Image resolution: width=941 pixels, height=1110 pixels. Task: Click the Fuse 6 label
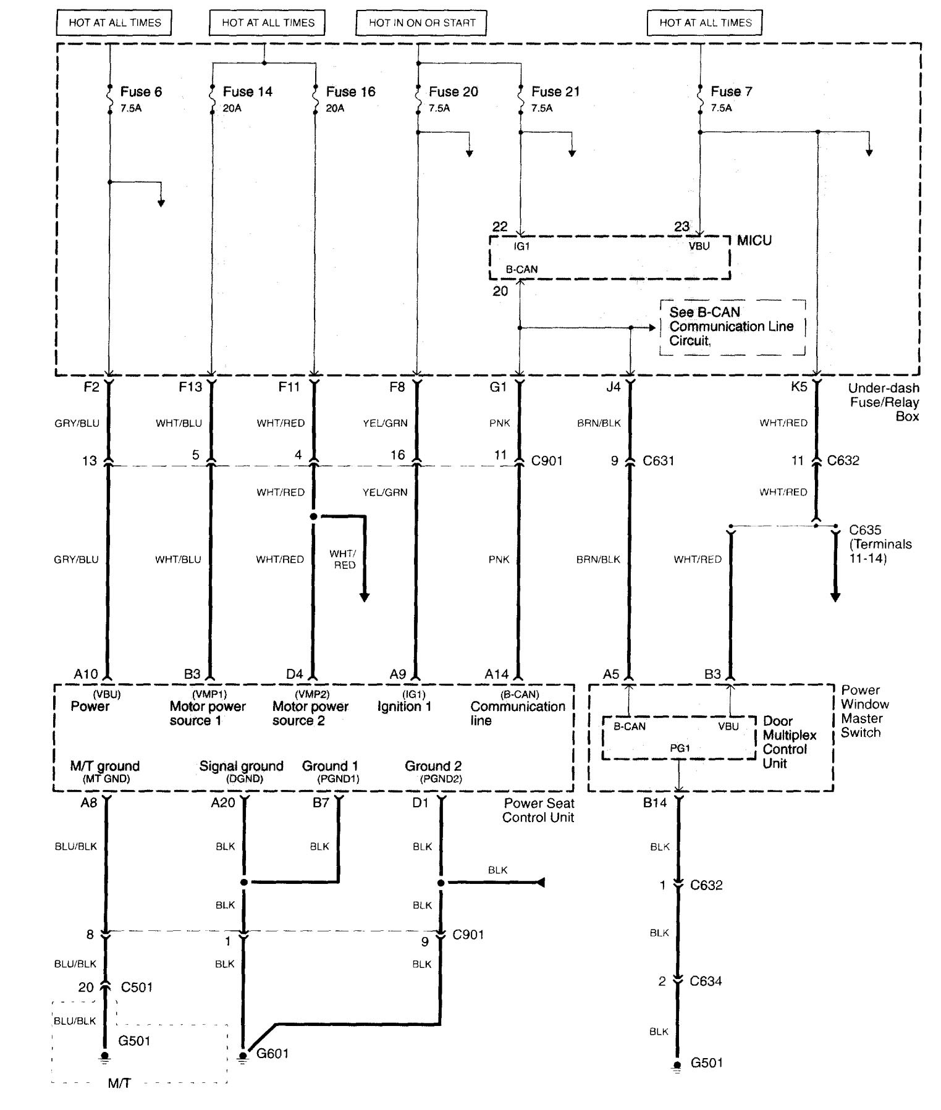tap(141, 92)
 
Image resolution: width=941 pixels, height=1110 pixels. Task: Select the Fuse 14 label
tap(247, 92)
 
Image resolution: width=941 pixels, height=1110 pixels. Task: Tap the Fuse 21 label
tap(555, 92)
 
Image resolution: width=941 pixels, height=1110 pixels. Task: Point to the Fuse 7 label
tap(731, 91)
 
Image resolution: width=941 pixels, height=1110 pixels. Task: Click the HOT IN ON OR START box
tap(422, 23)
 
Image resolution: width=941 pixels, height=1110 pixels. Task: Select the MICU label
tap(754, 240)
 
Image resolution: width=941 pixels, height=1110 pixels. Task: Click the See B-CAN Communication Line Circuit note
tap(732, 327)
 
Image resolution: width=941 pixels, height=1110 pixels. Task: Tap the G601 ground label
tap(272, 1053)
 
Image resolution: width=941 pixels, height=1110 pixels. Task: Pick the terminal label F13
tap(190, 387)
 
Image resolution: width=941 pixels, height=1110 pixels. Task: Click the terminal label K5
tap(798, 387)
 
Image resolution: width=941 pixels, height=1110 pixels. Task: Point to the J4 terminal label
tap(613, 387)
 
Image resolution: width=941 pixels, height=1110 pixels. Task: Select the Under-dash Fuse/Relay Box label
tap(883, 402)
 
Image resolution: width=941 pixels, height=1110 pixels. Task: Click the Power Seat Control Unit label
tap(538, 810)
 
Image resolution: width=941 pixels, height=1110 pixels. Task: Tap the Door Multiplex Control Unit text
tap(789, 742)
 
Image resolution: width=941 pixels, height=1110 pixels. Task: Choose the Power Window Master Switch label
tap(864, 711)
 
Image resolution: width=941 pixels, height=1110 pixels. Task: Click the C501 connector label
tap(137, 987)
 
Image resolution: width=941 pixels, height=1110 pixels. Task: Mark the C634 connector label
tap(706, 981)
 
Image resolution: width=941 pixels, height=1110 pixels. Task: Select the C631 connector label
tap(658, 461)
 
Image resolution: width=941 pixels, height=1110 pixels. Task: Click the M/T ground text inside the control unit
tap(105, 767)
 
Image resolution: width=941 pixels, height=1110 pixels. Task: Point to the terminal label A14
tap(496, 675)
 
